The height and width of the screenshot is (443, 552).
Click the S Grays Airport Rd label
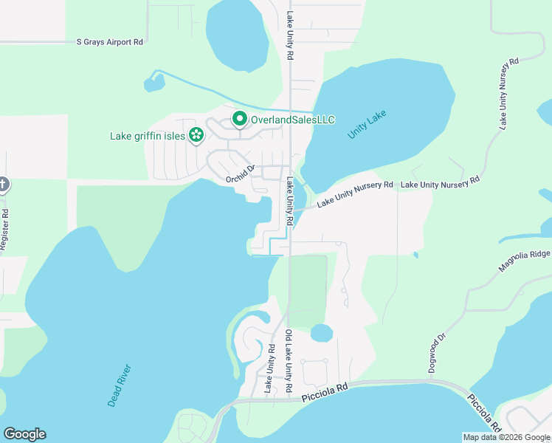(x=110, y=42)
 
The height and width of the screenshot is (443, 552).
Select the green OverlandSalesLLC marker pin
(x=240, y=119)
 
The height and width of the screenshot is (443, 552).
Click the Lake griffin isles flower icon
(x=196, y=135)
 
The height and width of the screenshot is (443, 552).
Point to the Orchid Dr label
(x=240, y=173)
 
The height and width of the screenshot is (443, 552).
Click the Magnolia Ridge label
(x=524, y=261)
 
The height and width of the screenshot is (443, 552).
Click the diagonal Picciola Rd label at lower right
(x=484, y=411)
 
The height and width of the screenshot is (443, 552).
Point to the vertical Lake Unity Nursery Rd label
(x=503, y=94)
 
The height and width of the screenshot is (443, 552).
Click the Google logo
(x=24, y=434)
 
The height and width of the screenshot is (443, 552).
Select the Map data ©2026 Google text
(x=505, y=437)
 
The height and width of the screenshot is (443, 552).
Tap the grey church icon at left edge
(x=3, y=184)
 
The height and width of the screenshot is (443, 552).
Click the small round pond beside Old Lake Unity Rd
(x=322, y=333)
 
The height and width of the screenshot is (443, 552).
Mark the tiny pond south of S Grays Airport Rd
(x=154, y=83)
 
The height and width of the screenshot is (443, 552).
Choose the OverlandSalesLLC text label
(x=293, y=120)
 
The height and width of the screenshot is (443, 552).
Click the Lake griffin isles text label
(x=147, y=136)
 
